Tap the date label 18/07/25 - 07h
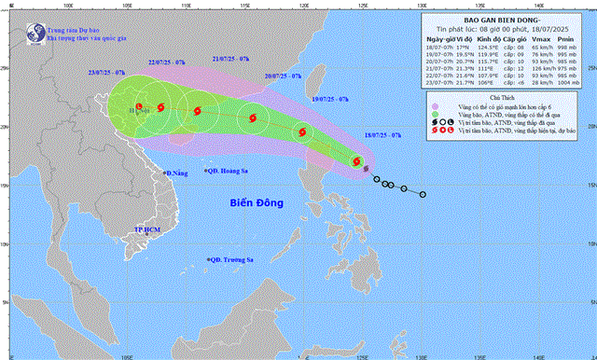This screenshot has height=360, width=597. (x=382, y=135)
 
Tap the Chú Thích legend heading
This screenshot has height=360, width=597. (x=514, y=124)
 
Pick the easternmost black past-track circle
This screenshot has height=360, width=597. (x=423, y=195)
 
